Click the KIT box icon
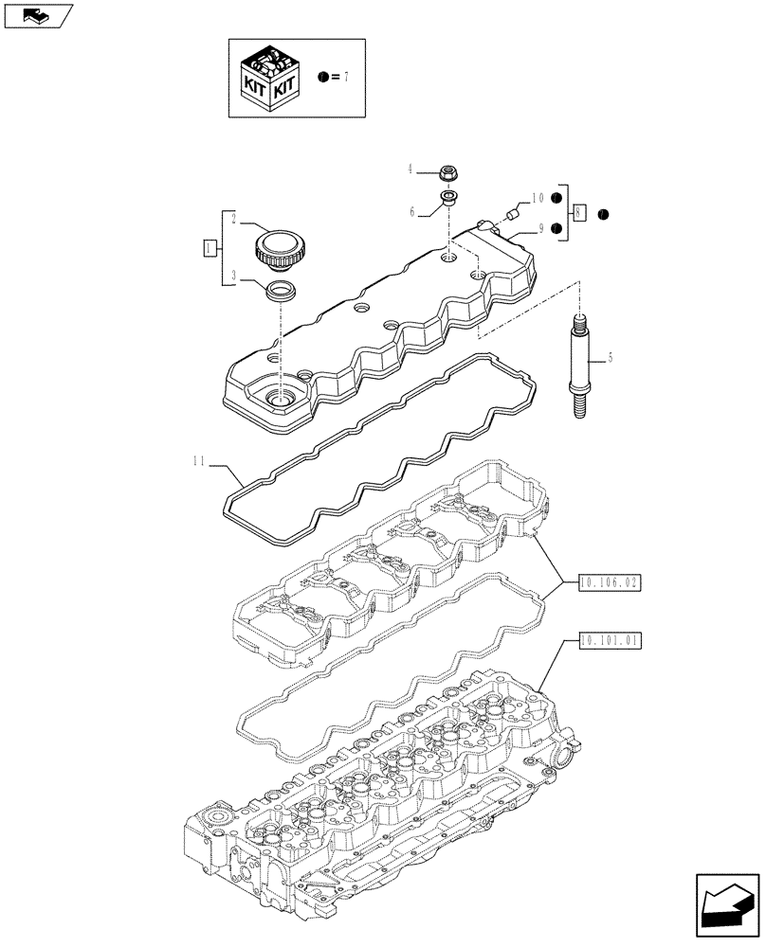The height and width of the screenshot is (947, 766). (271, 77)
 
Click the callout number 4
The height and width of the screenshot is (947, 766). (410, 170)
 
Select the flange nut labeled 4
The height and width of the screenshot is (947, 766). (448, 172)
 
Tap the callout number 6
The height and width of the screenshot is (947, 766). (411, 213)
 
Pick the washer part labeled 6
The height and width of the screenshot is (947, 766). (447, 199)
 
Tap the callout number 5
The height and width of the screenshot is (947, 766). (611, 358)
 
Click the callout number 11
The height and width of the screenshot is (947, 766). (197, 461)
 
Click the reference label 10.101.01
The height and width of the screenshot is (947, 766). (609, 640)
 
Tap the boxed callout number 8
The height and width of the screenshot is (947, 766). (580, 213)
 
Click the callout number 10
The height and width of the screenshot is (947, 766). (537, 198)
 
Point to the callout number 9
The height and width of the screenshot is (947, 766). (540, 228)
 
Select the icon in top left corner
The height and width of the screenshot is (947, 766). (37, 15)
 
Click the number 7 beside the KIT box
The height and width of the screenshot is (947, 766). (347, 77)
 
